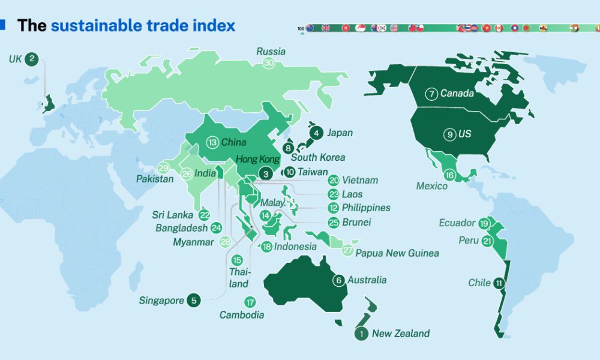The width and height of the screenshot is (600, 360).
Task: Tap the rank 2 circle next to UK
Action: (x=32, y=59)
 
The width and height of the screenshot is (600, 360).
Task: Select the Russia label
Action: (x=271, y=52)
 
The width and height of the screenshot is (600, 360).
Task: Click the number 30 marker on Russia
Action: (x=269, y=63)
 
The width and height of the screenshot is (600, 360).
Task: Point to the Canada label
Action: (x=457, y=94)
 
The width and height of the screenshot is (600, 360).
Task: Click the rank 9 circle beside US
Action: (x=450, y=134)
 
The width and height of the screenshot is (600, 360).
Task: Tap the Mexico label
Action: (x=432, y=186)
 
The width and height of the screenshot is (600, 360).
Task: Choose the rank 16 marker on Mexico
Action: (x=449, y=176)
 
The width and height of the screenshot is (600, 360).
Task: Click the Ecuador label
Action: (x=457, y=223)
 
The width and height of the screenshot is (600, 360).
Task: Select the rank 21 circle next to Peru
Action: (x=487, y=241)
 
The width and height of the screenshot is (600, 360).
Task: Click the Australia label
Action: (x=367, y=280)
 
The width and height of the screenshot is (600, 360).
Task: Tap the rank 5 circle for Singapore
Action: (x=193, y=301)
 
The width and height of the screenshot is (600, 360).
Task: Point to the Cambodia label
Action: (x=242, y=315)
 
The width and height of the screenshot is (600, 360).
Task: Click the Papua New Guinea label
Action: (x=397, y=253)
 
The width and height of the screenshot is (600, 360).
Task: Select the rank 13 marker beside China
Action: (x=212, y=143)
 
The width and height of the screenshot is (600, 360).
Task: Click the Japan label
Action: (x=340, y=133)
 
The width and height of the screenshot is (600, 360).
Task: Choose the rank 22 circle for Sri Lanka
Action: (x=205, y=215)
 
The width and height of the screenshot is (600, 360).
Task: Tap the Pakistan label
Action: (x=155, y=179)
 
